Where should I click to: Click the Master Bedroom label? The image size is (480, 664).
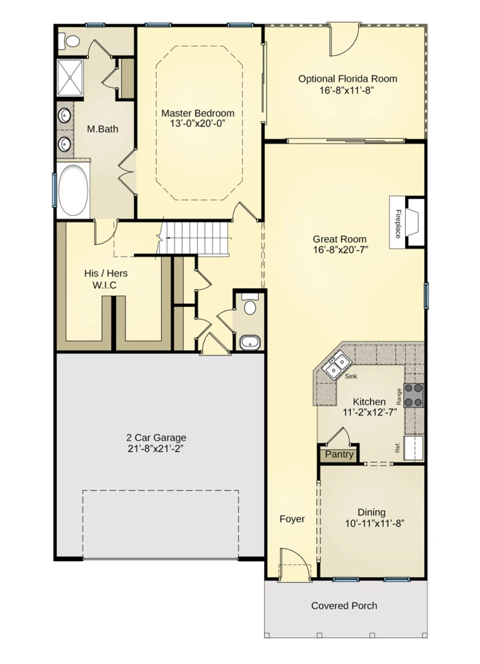(x=198, y=113)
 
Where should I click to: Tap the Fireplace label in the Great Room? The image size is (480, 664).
(x=398, y=224)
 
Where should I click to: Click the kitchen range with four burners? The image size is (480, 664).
(x=414, y=395)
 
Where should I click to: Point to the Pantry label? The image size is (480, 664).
(x=339, y=454)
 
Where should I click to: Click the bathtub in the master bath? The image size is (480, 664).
(x=73, y=191)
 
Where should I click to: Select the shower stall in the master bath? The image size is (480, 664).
(x=70, y=77)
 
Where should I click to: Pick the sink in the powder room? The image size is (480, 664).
(x=250, y=343)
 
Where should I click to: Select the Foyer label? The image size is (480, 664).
(x=292, y=519)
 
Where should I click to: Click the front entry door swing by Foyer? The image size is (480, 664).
(x=293, y=563)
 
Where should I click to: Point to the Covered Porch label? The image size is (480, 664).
(x=344, y=606)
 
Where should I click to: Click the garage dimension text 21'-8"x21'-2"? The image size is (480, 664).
(x=155, y=449)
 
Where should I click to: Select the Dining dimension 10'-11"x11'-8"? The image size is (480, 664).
(x=374, y=524)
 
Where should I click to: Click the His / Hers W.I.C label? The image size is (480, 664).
(x=106, y=279)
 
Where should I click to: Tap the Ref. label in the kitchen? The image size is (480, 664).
(x=397, y=447)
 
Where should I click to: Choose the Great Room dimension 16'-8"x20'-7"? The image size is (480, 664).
(x=340, y=250)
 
